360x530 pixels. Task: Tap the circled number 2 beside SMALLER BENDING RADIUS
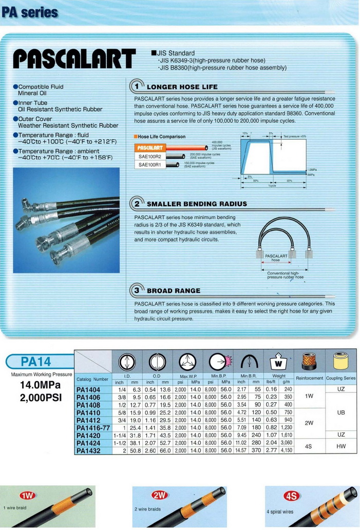[137, 203]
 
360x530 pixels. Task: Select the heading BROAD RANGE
[174, 290]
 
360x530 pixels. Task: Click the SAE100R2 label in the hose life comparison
[150, 156]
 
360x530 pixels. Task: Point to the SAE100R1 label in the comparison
[150, 165]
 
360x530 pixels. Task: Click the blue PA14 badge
[36, 362]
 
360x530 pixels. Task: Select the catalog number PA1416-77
[93, 427]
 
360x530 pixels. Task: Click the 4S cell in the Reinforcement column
[309, 446]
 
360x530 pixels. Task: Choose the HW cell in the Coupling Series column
[341, 446]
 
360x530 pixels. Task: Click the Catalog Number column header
[92, 379]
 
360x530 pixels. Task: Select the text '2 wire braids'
[147, 509]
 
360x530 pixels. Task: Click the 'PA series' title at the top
[29, 12]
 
